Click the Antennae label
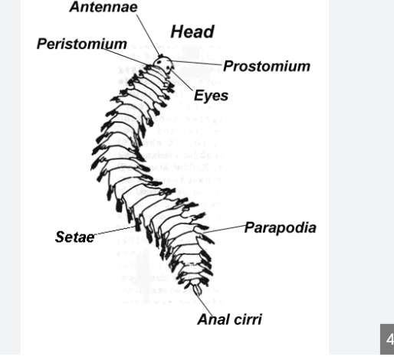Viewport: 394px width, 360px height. tap(103, 7)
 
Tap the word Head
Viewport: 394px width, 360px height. tap(192, 31)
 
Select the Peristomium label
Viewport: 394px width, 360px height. tap(82, 44)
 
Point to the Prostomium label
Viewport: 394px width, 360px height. tap(267, 67)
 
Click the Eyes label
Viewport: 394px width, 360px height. tap(211, 96)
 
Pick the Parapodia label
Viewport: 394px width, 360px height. tap(281, 227)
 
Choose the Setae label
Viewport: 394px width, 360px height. tap(74, 237)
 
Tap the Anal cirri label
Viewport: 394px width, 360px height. tap(230, 319)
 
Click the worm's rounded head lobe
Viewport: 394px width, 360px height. tap(163, 63)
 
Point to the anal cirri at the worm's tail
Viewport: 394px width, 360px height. tap(197, 290)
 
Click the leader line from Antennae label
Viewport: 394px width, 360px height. tap(149, 35)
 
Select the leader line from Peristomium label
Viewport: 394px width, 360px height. tap(125, 57)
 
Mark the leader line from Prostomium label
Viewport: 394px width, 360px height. tap(197, 63)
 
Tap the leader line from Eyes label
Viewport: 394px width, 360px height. tap(182, 80)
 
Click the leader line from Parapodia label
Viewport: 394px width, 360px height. tap(224, 229)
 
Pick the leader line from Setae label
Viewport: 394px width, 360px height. tap(115, 231)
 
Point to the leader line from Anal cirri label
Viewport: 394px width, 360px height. tap(204, 303)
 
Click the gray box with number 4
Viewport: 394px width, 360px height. tap(387, 339)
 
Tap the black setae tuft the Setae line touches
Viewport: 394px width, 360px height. tap(138, 224)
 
